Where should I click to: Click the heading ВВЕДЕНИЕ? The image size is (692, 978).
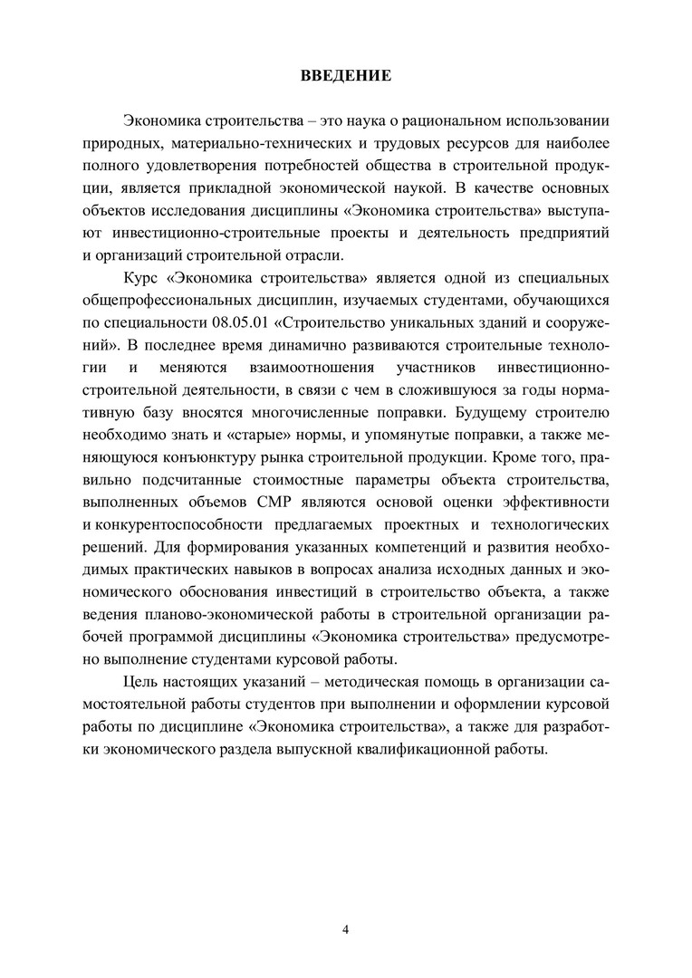[346, 75]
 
